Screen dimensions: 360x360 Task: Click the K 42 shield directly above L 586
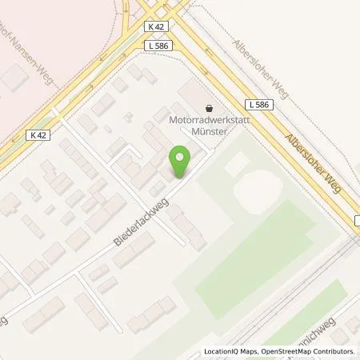coord(157,27)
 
